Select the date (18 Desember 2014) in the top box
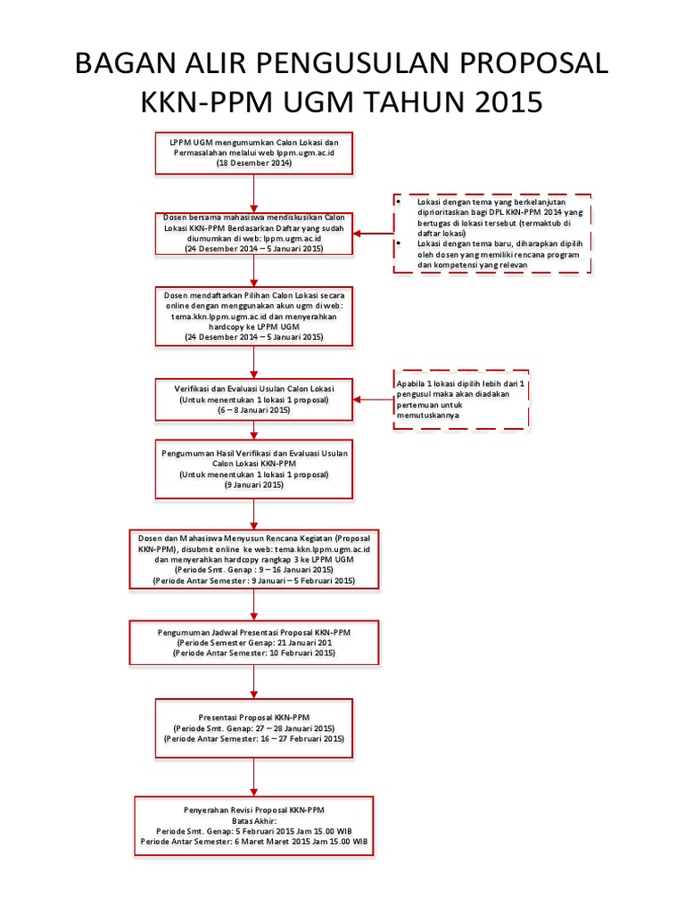(254, 164)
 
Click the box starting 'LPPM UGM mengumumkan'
(254, 152)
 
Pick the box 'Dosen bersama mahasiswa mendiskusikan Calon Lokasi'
(254, 234)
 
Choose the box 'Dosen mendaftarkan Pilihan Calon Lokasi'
(254, 316)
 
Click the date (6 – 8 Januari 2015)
(254, 411)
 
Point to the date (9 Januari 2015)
(254, 485)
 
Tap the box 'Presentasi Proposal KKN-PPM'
(254, 728)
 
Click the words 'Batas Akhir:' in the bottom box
(254, 820)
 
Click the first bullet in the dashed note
(399, 203)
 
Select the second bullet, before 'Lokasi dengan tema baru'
(399, 243)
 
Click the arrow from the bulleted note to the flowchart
(372, 234)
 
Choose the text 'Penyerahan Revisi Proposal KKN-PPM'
(254, 809)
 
